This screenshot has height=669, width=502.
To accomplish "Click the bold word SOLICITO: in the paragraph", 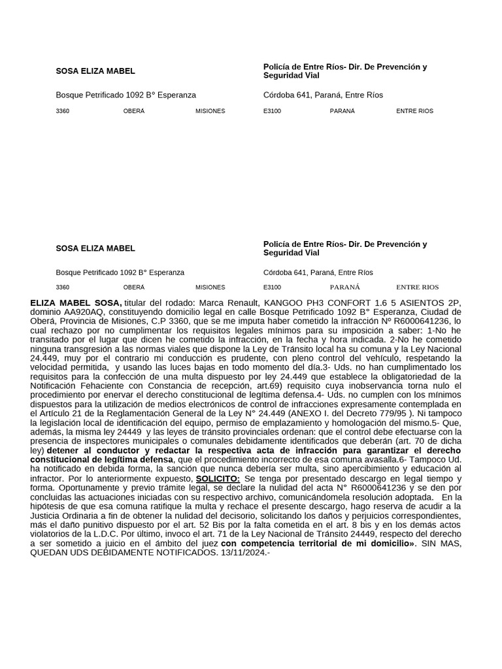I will point(218,479).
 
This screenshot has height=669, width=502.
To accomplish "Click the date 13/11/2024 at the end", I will point(244,553).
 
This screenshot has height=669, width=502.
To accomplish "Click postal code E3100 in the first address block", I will point(272,111).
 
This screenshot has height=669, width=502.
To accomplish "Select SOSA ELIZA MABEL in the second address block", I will point(95,248).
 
